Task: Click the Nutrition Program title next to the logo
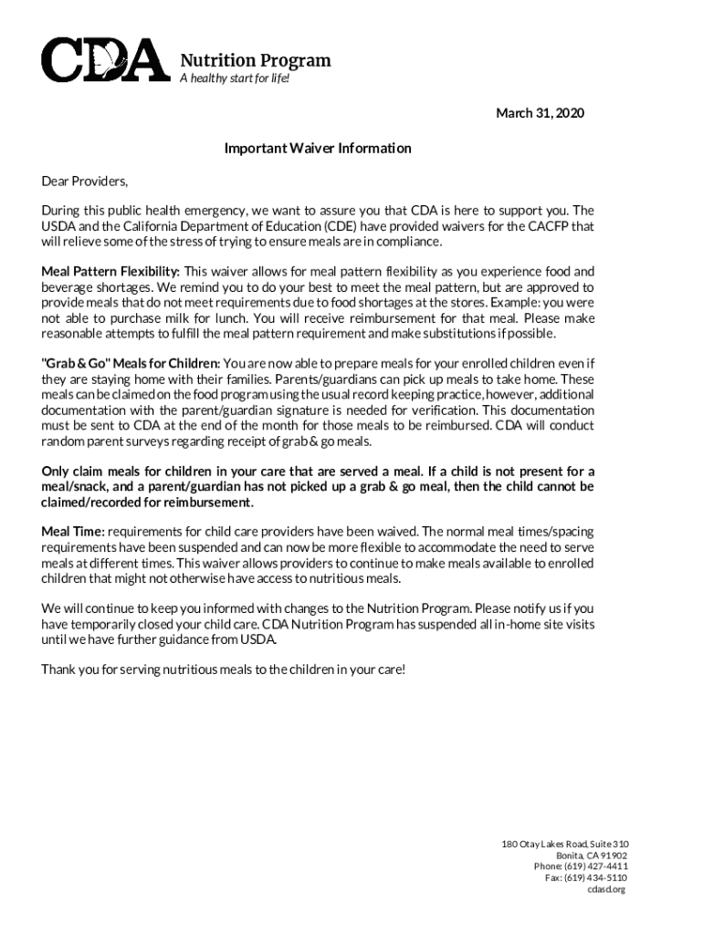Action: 255,61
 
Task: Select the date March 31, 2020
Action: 540,113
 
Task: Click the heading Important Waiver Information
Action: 318,148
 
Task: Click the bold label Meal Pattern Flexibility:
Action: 111,271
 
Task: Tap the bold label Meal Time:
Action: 73,531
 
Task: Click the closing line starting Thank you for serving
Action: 224,669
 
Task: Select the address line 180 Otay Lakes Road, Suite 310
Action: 565,844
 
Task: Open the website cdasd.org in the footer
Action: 606,889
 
